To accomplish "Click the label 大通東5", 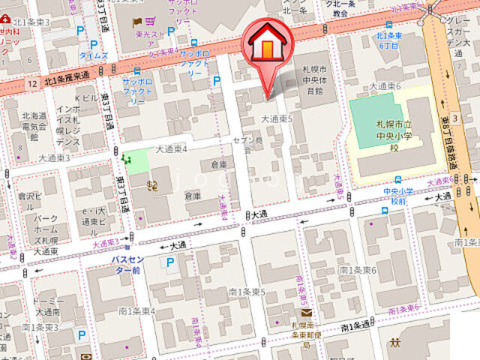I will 277,118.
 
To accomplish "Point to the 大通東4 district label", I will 170,148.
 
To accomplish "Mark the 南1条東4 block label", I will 136,311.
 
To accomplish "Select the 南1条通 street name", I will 355,325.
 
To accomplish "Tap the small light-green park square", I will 136,161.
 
